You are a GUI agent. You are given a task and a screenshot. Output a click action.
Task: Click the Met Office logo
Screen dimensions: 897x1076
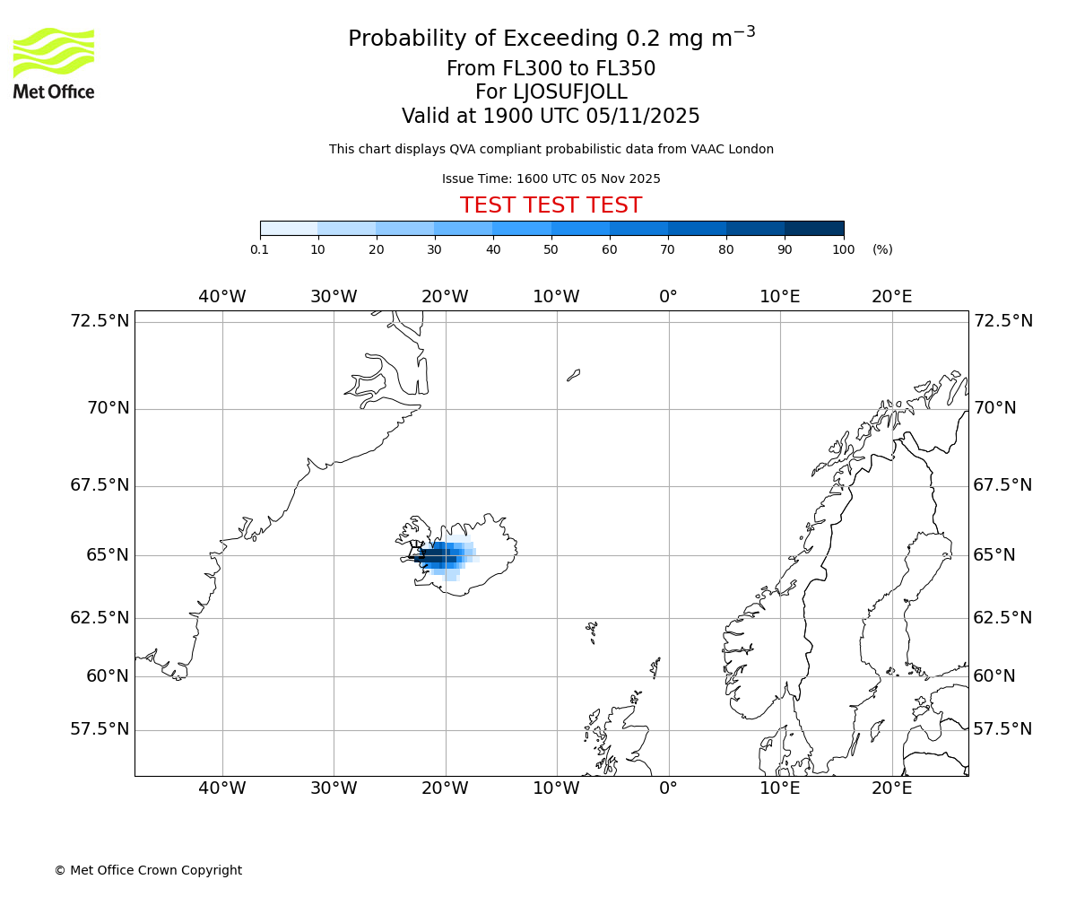coord(54,63)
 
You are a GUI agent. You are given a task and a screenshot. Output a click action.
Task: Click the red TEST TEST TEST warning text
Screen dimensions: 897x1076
coord(551,205)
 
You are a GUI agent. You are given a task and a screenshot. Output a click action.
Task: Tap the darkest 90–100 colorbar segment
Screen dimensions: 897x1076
coord(814,229)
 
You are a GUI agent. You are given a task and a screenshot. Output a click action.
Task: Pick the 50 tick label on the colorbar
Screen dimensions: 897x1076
coord(551,249)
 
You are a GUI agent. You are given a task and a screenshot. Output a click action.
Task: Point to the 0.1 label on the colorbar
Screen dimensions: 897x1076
coord(260,249)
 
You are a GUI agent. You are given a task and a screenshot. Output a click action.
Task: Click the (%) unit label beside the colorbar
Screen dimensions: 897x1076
coord(882,249)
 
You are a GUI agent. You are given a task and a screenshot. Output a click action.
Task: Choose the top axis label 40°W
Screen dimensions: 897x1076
coord(221,297)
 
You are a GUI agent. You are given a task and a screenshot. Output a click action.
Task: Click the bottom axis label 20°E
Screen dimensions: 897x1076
coord(891,788)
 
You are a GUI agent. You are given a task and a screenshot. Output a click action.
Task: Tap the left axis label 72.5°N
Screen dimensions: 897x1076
coord(100,321)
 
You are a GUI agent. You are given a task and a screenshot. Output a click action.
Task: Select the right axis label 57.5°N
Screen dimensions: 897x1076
coord(1002,729)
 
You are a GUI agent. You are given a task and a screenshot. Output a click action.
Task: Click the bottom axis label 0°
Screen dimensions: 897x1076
coord(668,788)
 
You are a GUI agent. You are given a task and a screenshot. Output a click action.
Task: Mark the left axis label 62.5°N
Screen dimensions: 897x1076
coord(100,618)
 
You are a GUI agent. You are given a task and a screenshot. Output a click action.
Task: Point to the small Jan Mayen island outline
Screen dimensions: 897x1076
coord(573,375)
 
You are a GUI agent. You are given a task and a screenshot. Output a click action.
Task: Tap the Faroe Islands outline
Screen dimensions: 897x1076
coord(592,631)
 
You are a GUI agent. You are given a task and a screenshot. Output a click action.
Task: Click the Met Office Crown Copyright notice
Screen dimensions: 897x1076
coord(148,870)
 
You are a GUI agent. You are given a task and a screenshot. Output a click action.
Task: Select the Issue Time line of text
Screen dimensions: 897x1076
coord(551,179)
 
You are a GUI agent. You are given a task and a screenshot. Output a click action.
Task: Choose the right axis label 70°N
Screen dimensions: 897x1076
coord(994,408)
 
